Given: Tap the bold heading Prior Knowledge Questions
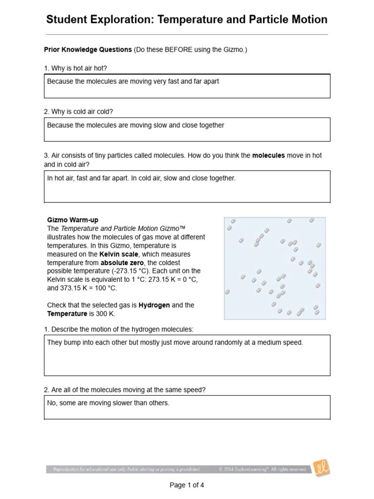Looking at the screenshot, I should [x=88, y=50].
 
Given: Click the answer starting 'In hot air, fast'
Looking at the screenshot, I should [x=141, y=178].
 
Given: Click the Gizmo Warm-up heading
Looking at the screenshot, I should [x=73, y=220].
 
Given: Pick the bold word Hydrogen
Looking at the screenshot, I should [x=154, y=305].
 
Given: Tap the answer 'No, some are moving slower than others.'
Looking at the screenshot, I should [x=108, y=403].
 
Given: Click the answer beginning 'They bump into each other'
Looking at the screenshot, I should [x=175, y=343].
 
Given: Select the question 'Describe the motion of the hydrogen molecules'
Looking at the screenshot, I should [x=119, y=329].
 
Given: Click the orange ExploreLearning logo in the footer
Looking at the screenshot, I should [x=322, y=468].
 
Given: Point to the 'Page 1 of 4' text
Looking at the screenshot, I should [x=187, y=485].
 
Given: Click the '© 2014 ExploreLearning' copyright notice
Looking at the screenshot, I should [x=262, y=469].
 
